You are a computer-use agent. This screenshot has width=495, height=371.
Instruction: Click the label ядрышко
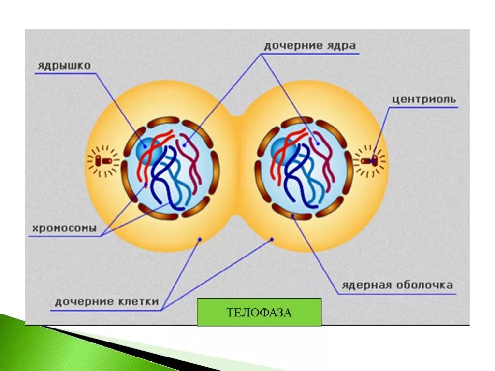pyautogui.click(x=63, y=65)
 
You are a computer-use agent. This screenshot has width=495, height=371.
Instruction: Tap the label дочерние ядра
pyautogui.click(x=310, y=46)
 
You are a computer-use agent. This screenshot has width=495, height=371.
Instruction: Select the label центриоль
pyautogui.click(x=423, y=100)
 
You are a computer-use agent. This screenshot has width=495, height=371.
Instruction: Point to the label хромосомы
pyautogui.click(x=65, y=228)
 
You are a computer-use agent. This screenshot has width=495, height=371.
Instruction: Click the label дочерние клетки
pyautogui.click(x=106, y=302)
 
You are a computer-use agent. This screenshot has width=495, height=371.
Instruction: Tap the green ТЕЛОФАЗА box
pyautogui.click(x=259, y=312)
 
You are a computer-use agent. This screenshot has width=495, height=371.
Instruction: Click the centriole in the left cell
pyautogui.click(x=102, y=160)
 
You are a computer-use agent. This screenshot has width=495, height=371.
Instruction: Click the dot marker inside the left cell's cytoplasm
pyautogui.click(x=200, y=239)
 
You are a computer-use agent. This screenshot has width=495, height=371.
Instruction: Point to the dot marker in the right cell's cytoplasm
pyautogui.click(x=272, y=239)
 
